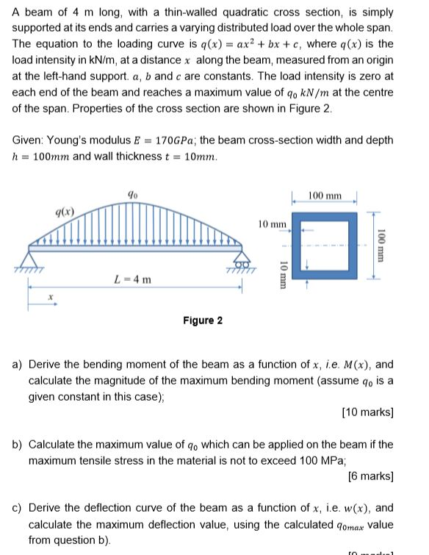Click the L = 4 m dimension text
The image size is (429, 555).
click(x=132, y=279)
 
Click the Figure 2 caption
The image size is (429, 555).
click(x=202, y=321)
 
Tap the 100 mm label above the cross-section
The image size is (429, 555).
click(x=325, y=196)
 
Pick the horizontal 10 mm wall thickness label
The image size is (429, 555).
click(x=271, y=223)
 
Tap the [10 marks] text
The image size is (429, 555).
click(x=367, y=413)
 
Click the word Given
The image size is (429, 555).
click(x=28, y=140)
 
